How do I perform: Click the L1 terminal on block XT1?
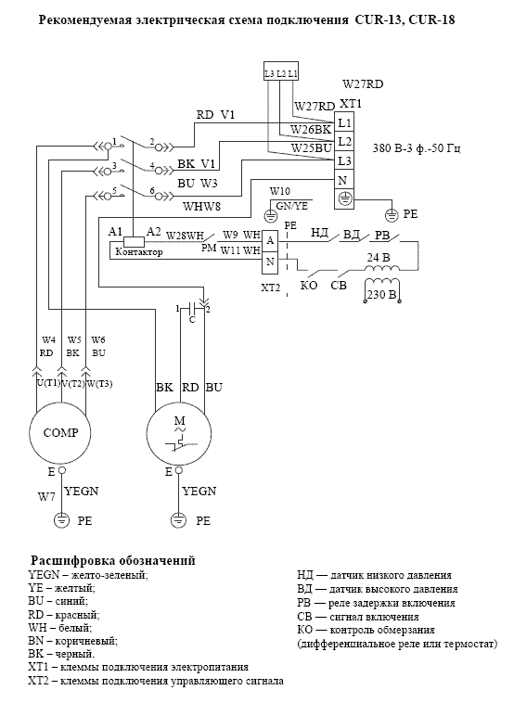(344, 122)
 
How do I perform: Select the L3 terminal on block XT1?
(344, 160)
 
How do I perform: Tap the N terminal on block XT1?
(344, 180)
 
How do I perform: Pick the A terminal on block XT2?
(270, 241)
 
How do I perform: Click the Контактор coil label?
(138, 252)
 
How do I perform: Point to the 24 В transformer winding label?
(379, 258)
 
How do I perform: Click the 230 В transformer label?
(381, 295)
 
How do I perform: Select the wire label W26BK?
(311, 130)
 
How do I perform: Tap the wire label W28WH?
(186, 236)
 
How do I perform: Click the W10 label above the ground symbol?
(280, 191)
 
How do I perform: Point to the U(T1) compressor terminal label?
(48, 383)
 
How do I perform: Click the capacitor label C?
(192, 320)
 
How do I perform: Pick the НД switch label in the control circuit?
(320, 233)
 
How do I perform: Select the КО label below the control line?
(309, 285)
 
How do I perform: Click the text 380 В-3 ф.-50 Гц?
(417, 148)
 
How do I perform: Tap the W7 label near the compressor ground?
(46, 497)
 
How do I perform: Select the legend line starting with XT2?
(156, 681)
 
